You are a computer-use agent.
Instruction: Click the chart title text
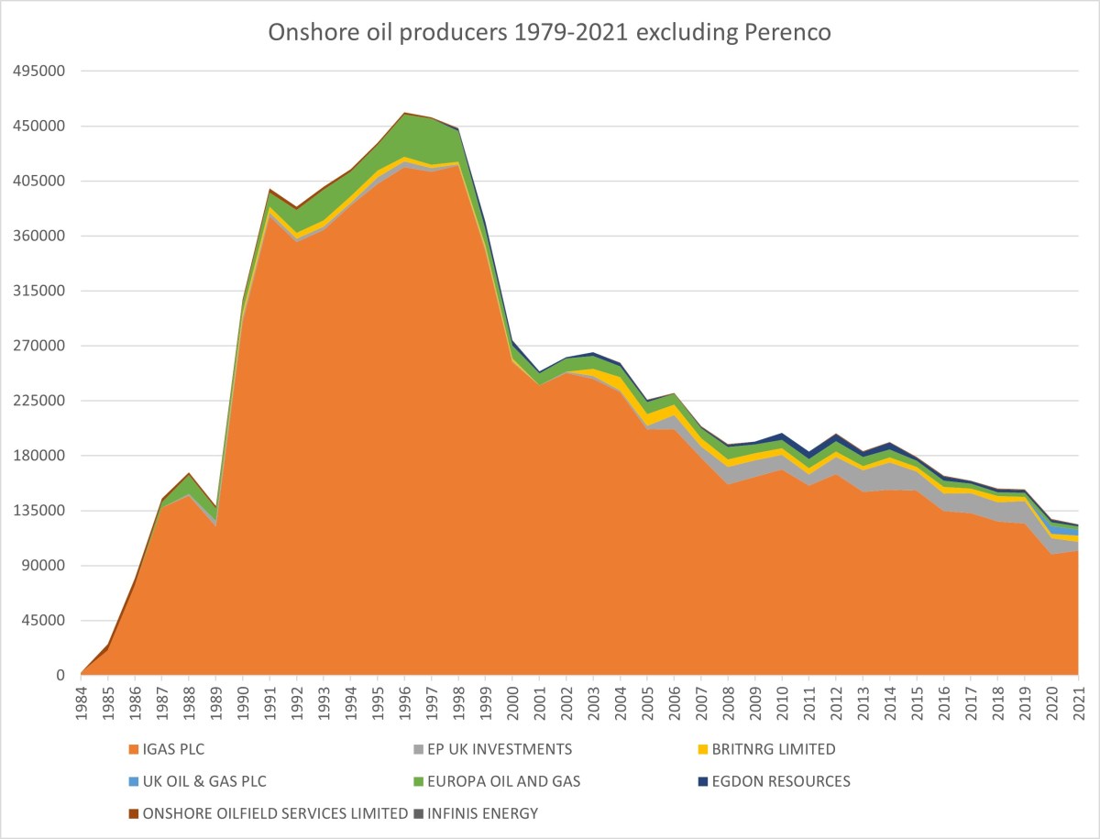pos(549,32)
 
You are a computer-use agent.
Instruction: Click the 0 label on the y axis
pos(60,676)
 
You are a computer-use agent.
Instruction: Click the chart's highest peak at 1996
pos(405,114)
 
